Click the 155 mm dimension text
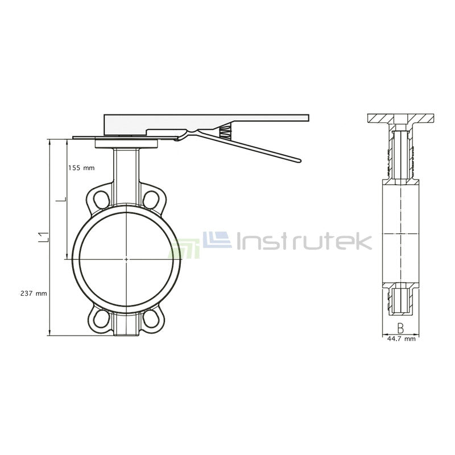coord(81,168)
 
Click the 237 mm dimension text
coord(33,293)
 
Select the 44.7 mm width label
coord(400,339)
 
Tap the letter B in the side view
coord(400,328)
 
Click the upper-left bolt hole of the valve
coord(102,198)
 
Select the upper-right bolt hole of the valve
coord(151,198)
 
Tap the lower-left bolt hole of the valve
coord(102,319)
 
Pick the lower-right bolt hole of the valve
coord(151,319)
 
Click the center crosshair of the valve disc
coord(126,259)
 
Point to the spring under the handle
coord(225,131)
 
